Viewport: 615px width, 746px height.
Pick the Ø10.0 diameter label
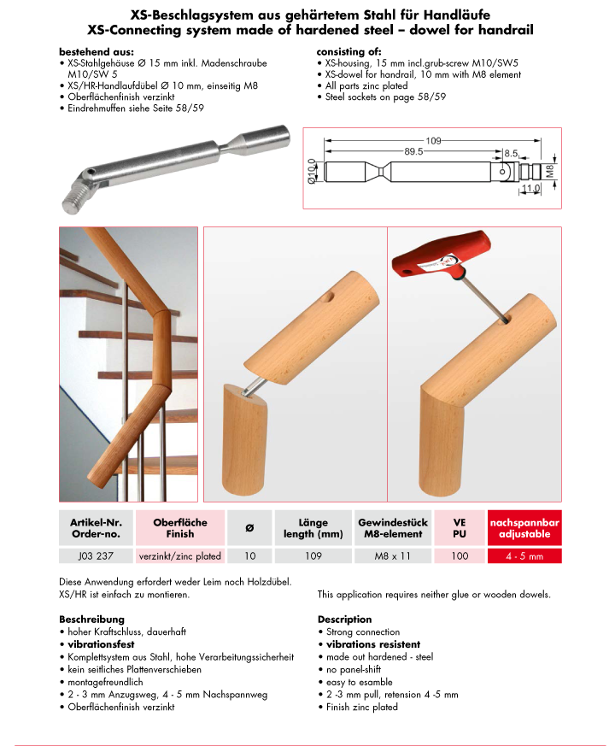coord(313,172)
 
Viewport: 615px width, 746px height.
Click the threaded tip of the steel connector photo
coord(75,203)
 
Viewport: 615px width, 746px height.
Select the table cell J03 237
coord(94,555)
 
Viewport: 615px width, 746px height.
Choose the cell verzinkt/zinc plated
coord(179,555)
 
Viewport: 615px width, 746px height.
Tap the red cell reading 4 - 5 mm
coord(524,555)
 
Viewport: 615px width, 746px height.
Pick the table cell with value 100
coord(458,555)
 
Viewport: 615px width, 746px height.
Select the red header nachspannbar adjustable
coord(524,527)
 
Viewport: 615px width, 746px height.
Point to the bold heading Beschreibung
coord(91,619)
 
